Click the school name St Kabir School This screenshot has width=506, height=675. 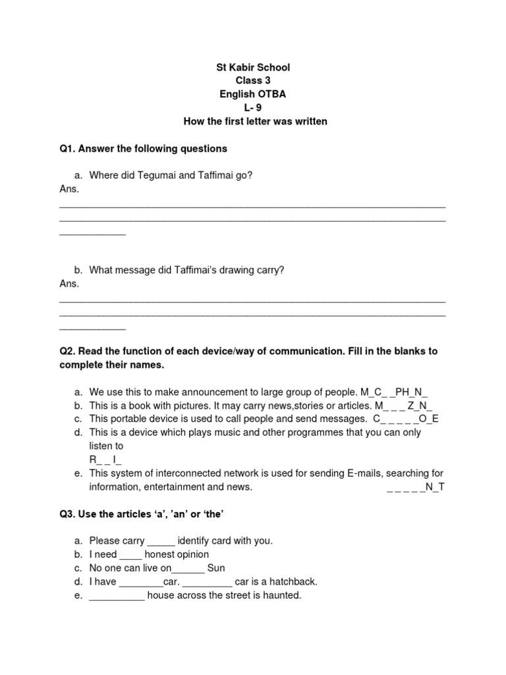253,67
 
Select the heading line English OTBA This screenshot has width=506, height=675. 253,94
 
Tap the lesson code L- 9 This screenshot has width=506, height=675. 253,108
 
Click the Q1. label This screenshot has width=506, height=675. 68,148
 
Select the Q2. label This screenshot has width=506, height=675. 68,351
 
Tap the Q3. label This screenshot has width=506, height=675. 68,514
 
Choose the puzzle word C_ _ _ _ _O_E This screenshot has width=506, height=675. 406,419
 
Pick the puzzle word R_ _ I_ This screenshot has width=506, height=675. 105,459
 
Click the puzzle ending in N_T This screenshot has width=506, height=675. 415,487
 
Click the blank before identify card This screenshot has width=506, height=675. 161,541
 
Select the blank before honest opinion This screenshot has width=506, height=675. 131,554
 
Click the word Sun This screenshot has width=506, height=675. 216,568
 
